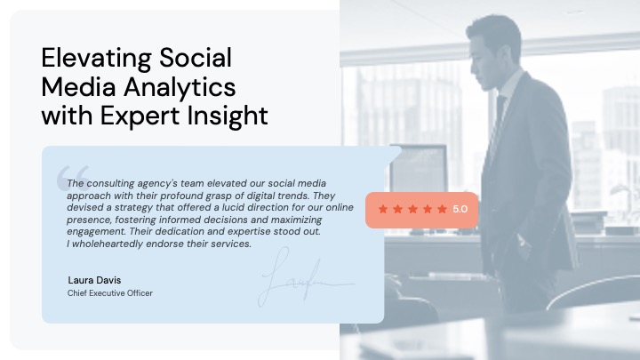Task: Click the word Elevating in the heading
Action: [x=96, y=59]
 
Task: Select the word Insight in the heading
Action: [x=228, y=116]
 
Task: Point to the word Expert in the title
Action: [x=140, y=116]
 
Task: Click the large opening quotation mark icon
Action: [x=73, y=178]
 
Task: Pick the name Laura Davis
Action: [x=94, y=280]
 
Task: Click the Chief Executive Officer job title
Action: [x=110, y=293]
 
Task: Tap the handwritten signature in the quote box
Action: [x=305, y=277]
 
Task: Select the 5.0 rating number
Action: [x=460, y=210]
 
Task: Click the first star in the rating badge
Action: [x=383, y=209]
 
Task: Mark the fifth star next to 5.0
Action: [x=442, y=209]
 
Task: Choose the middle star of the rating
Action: [x=412, y=209]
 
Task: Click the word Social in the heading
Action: [x=196, y=59]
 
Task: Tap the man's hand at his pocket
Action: [x=524, y=242]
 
